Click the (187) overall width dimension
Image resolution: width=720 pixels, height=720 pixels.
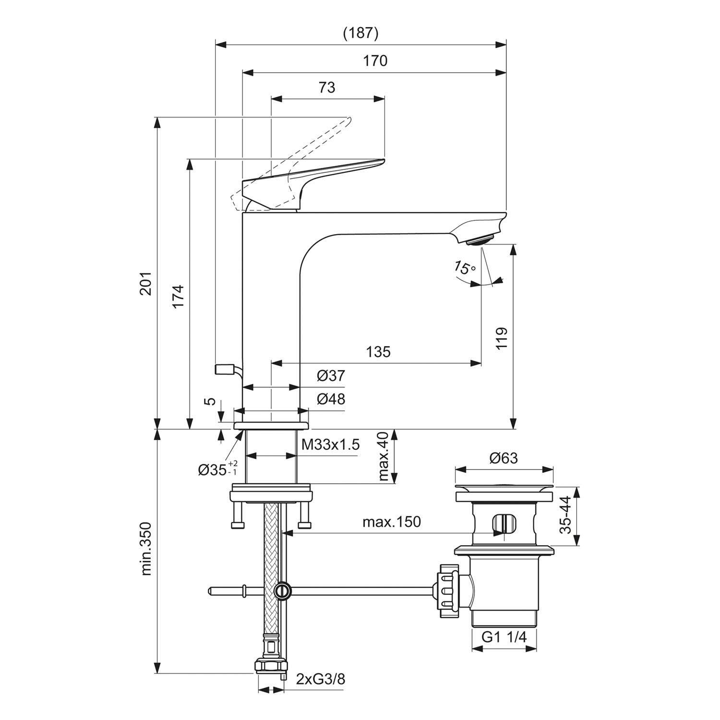coord(361,33)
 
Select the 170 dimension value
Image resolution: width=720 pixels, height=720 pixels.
coord(375,61)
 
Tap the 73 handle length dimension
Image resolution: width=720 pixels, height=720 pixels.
coord(327,87)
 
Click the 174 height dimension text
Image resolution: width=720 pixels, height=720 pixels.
coord(178,297)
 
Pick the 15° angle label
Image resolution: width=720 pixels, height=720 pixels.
coord(464,267)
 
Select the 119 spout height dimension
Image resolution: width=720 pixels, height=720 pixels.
coord(501,338)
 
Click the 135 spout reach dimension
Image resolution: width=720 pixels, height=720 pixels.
coord(378,352)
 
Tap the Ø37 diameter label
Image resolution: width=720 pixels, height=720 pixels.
coord(331,375)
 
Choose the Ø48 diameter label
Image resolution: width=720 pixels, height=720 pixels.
coord(331,399)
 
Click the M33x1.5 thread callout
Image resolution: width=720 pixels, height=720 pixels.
coord(330,444)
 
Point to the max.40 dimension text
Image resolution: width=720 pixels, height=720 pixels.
coord(383,456)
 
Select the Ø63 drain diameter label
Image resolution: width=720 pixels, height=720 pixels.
coord(504,458)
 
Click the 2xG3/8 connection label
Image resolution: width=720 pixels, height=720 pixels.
coord(321,679)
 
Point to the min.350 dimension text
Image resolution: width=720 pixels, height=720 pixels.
coord(146,548)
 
